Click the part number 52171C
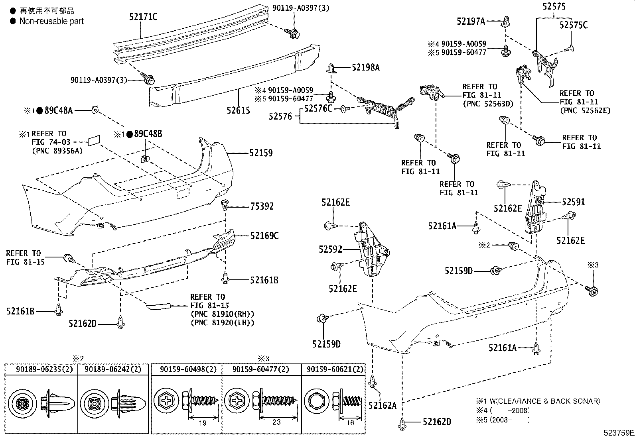[143, 16]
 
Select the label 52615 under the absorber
[239, 110]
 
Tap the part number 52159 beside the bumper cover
[261, 153]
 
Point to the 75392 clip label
[262, 206]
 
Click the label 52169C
[264, 236]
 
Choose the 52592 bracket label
[330, 249]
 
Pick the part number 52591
[574, 202]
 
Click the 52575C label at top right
[573, 25]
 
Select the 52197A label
[471, 21]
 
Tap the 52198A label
[365, 67]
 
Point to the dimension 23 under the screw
[276, 422]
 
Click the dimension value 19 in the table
[202, 423]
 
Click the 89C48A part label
[59, 110]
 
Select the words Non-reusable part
[51, 21]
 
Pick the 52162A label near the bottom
[383, 405]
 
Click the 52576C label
[318, 108]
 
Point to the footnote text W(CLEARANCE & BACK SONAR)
[545, 401]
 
